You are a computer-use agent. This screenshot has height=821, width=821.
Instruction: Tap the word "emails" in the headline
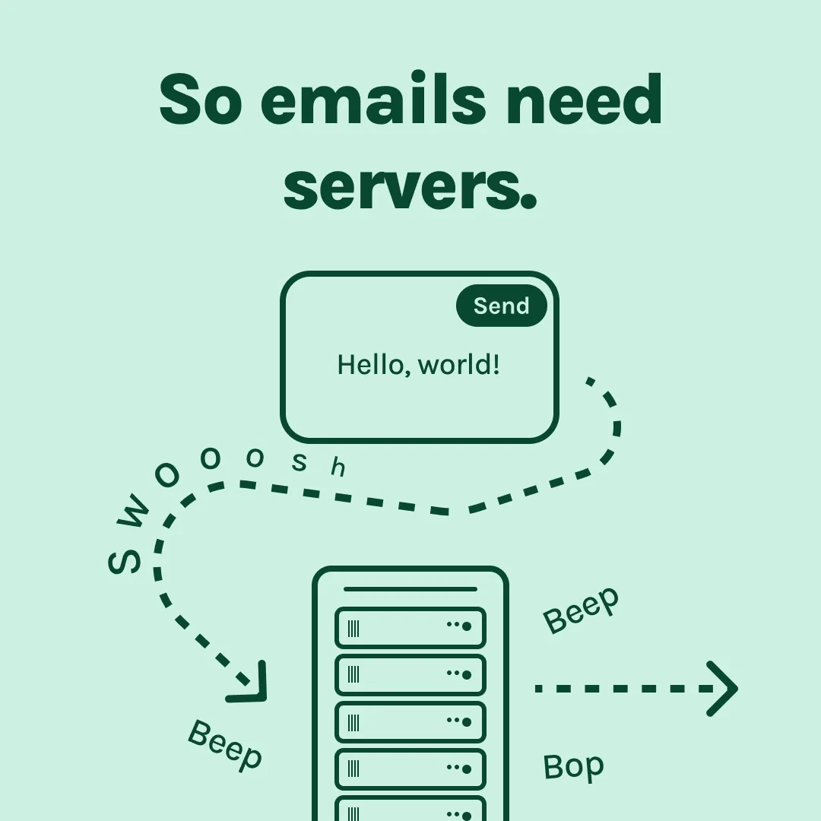[x=372, y=100]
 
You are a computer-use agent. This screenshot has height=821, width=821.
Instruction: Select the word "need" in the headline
[x=583, y=100]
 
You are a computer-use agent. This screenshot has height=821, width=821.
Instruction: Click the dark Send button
[x=501, y=306]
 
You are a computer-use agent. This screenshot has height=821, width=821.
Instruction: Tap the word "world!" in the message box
[x=459, y=366]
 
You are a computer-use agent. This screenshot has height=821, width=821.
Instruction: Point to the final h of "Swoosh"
[x=338, y=468]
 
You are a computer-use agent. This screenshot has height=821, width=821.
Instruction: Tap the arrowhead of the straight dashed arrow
[x=722, y=689]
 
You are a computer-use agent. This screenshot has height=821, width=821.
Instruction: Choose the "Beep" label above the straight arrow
[x=582, y=610]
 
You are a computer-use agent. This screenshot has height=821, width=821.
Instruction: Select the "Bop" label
[x=573, y=766]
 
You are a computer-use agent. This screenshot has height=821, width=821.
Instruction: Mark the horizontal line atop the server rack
[x=410, y=589]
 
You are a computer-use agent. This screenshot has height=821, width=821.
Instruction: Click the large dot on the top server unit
[x=467, y=626]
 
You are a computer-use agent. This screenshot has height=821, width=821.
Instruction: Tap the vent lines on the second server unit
[x=353, y=674]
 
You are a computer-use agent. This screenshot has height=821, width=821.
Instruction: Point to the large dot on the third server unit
[x=467, y=721]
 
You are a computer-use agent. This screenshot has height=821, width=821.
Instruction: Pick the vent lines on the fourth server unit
[x=353, y=769]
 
